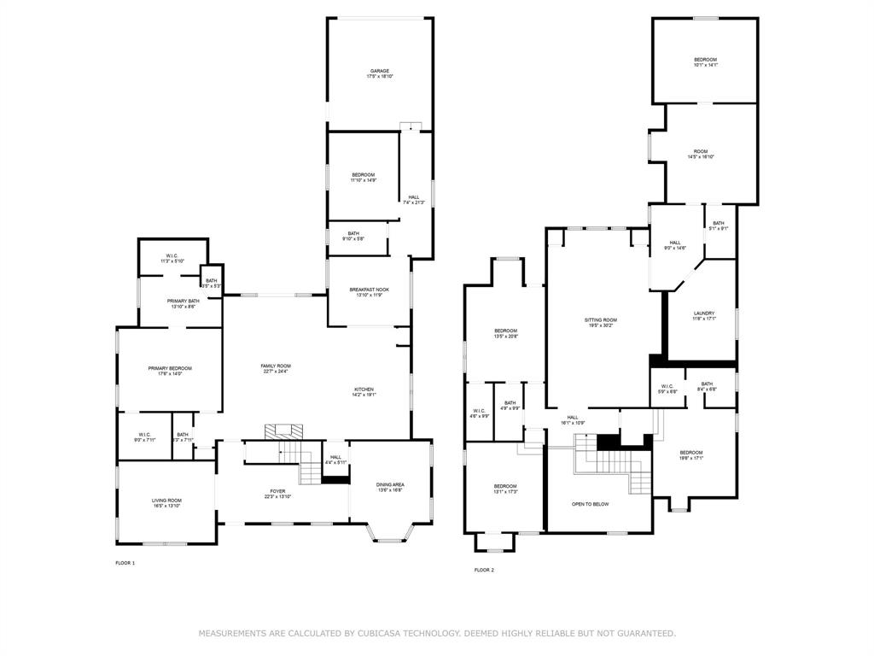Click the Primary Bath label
(x=183, y=303)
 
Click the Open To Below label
(x=590, y=504)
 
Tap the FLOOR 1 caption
(x=125, y=563)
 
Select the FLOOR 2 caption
(x=484, y=570)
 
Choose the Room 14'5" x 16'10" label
(x=701, y=154)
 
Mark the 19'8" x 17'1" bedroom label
(x=690, y=455)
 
